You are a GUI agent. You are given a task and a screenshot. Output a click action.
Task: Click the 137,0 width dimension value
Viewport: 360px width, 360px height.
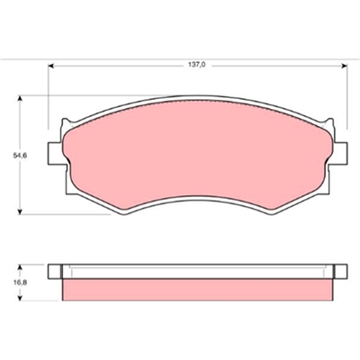tap(197, 65)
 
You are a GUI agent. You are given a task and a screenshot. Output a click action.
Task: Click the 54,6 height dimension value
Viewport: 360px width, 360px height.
tap(20, 156)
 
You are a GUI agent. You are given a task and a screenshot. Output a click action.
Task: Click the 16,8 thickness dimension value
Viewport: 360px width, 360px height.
tap(20, 283)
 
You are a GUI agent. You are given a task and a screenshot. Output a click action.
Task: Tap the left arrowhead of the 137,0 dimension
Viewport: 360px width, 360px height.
tap(50, 66)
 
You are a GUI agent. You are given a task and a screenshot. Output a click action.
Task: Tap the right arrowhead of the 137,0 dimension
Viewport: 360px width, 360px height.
tap(345, 66)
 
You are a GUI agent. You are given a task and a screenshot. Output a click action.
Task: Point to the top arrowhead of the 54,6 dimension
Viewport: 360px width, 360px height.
tap(20, 98)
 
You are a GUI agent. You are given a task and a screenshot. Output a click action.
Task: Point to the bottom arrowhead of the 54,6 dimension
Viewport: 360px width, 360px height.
tap(20, 211)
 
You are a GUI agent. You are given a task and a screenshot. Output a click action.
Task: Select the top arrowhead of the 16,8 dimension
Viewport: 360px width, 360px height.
tap(20, 267)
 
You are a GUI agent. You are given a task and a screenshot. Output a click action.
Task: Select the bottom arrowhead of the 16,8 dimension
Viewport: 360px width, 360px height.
tap(20, 297)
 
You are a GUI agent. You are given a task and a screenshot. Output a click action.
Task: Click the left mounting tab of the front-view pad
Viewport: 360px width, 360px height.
tap(56, 154)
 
